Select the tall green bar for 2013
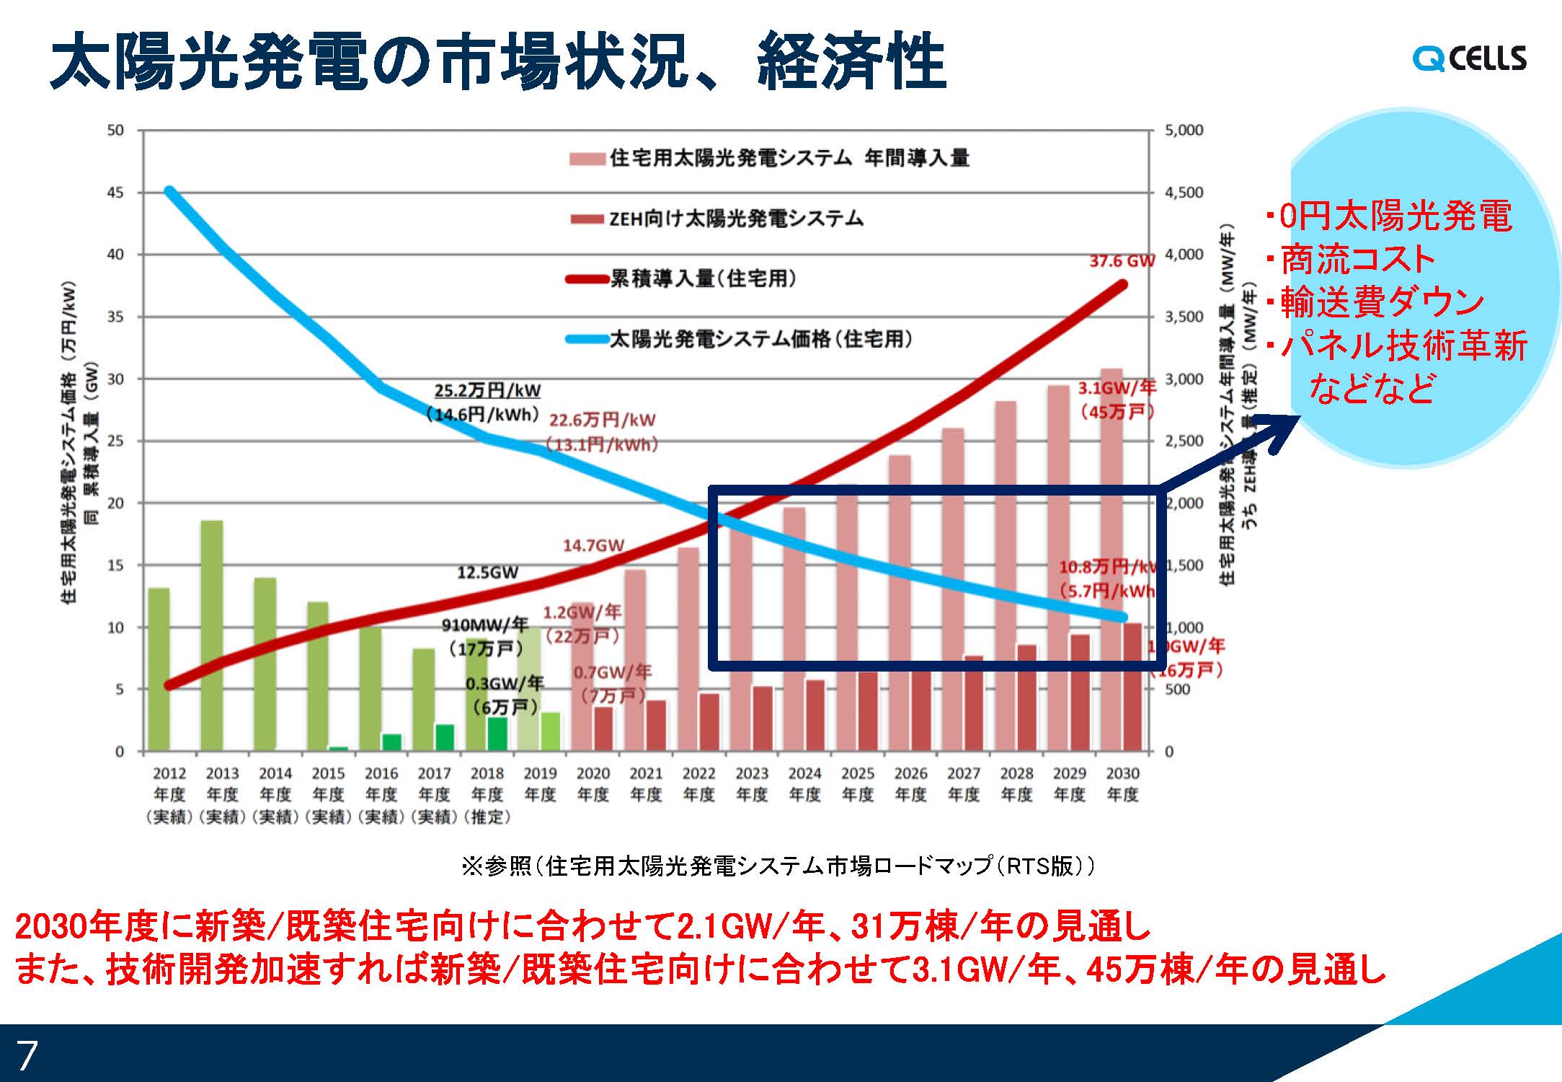click(212, 635)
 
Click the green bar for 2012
click(159, 669)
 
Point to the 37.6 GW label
click(1122, 261)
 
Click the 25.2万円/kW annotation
click(487, 391)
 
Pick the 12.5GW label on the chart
click(487, 573)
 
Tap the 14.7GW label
click(593, 545)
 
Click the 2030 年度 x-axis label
click(1122, 783)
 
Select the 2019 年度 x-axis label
click(540, 783)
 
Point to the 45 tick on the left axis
click(115, 193)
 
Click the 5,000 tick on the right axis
click(1184, 131)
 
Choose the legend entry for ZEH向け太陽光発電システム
click(735, 219)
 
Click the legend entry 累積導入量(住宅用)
click(703, 278)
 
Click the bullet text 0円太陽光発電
click(1394, 216)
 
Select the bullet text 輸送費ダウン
click(1381, 303)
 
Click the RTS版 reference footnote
click(778, 866)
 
